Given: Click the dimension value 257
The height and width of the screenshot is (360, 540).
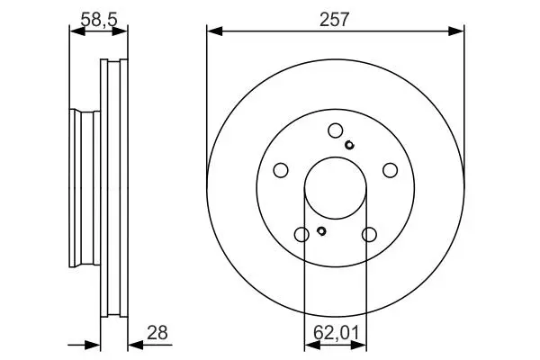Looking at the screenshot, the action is [334, 19].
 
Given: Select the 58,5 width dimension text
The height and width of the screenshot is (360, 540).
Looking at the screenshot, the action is [99, 19].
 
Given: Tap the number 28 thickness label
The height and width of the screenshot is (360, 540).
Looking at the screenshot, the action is [157, 333].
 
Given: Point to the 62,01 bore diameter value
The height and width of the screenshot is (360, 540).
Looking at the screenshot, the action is [336, 333].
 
